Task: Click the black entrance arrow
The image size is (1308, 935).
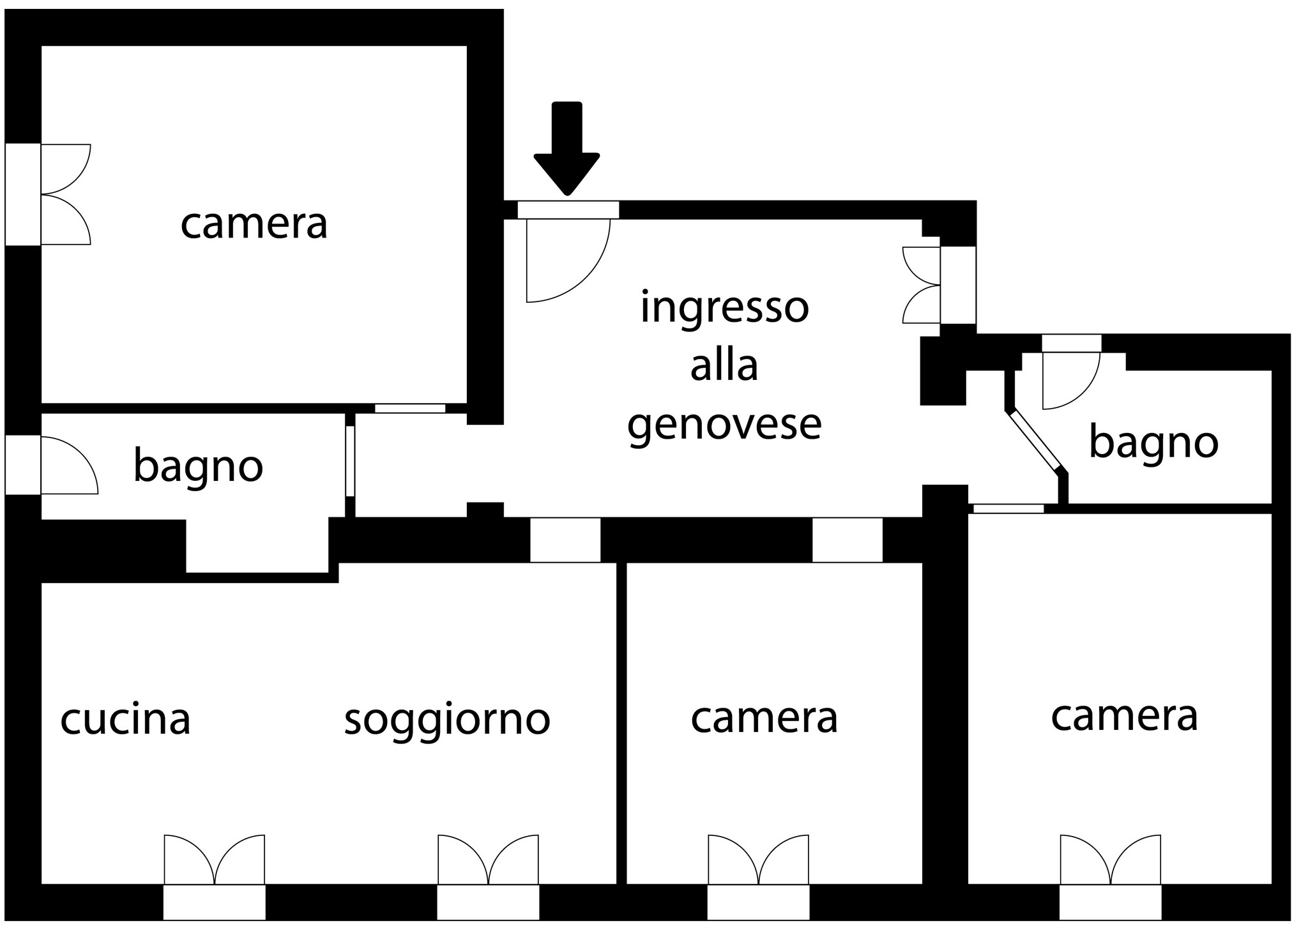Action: (567, 148)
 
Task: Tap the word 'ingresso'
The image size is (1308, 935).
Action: (724, 308)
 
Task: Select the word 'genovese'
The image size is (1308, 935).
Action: (724, 423)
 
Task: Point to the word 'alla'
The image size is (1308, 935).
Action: (724, 365)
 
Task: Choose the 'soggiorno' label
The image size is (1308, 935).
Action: (447, 720)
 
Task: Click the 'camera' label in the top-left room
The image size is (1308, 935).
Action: (254, 225)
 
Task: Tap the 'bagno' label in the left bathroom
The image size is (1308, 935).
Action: (198, 466)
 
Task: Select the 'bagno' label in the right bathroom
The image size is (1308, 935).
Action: (1153, 442)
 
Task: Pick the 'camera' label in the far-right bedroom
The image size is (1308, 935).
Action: (1124, 717)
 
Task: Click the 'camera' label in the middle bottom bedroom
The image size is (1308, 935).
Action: (764, 718)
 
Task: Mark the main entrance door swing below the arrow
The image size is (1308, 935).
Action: (568, 260)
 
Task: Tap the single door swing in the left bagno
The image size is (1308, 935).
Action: (70, 465)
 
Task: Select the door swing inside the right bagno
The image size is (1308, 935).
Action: (1071, 381)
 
